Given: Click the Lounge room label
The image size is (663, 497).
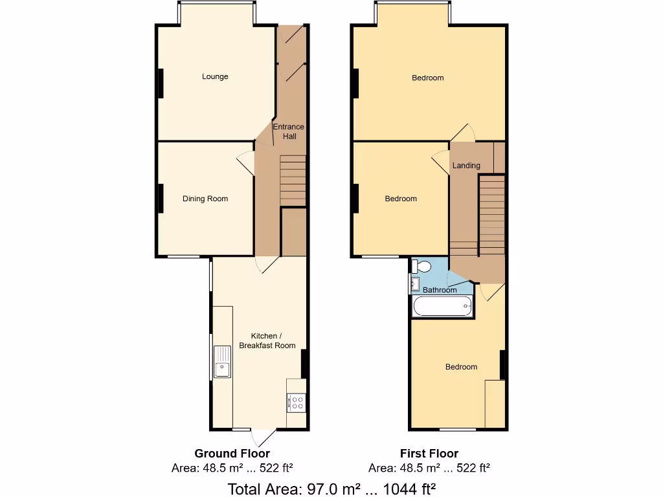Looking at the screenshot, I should (215, 76).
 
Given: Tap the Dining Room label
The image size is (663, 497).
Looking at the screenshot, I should (205, 199).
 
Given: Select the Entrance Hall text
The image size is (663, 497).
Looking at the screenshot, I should (288, 131).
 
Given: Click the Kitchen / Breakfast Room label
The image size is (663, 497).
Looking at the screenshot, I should (267, 341).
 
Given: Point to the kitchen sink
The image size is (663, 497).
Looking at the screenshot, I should (222, 362).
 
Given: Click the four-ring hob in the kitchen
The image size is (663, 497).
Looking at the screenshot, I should (297, 403).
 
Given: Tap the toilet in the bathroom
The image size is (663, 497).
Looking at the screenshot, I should (422, 267).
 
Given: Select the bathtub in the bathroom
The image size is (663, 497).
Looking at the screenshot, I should (444, 307).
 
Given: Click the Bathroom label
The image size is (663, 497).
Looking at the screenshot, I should (440, 290).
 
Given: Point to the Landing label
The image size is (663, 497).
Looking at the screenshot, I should (466, 166).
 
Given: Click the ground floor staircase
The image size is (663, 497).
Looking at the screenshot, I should (293, 179).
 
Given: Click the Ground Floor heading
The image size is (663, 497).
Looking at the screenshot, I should (232, 454).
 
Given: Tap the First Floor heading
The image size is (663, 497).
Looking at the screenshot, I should (429, 454).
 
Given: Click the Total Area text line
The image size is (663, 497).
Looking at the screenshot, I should (331, 488).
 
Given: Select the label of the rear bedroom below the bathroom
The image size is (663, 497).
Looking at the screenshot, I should (461, 367).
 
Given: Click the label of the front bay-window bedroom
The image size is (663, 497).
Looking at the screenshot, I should (428, 78).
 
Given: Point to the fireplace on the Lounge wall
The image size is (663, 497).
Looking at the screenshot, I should (159, 83).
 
